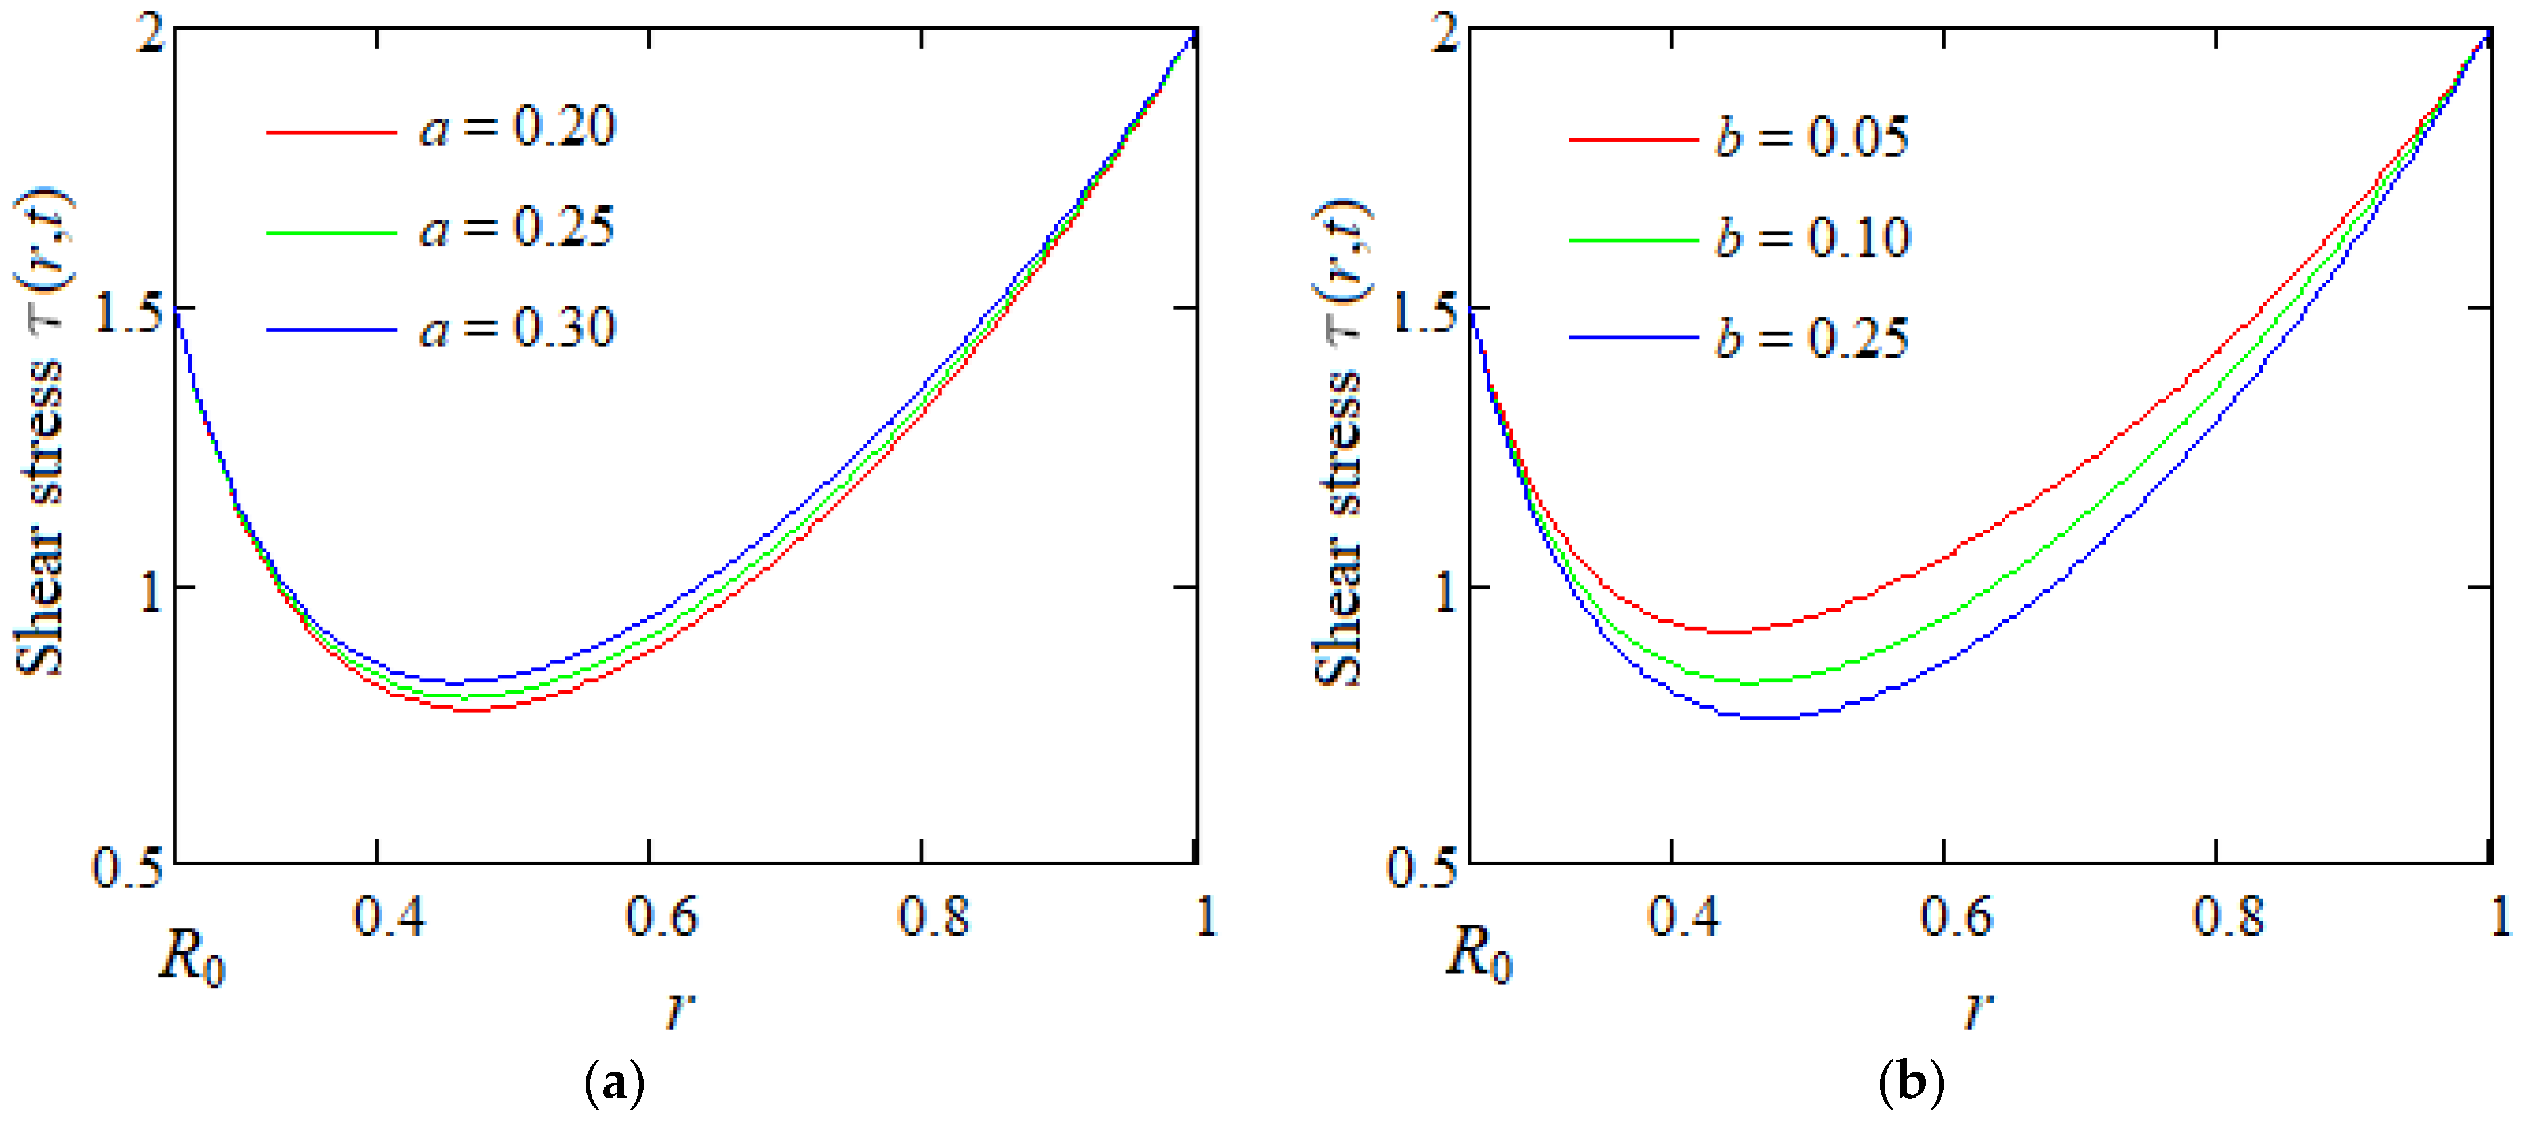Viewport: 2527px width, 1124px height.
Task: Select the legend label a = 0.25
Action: point(517,228)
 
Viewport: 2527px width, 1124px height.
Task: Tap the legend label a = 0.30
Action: point(517,329)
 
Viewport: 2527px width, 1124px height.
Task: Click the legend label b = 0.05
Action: point(1812,137)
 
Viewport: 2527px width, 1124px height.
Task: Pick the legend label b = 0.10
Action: point(1812,238)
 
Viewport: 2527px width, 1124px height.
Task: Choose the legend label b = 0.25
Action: point(1812,339)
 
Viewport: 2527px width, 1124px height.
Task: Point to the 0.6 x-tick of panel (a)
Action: point(662,918)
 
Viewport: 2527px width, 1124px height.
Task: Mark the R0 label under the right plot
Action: point(1479,954)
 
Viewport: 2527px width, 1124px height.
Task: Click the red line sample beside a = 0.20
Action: point(331,131)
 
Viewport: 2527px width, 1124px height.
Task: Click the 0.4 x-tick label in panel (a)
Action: point(390,918)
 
